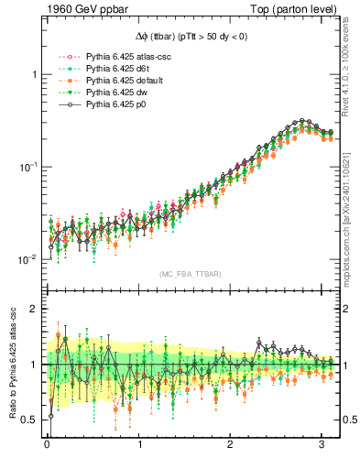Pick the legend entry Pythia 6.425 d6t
(115, 69)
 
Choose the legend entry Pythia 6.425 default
(121, 81)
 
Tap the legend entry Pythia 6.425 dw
(115, 93)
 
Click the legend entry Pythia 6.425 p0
(114, 104)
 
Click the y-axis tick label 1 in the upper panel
(34, 74)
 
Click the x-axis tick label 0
(47, 444)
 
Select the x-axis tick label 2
(232, 444)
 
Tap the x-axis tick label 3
(324, 444)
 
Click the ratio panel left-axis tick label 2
(34, 309)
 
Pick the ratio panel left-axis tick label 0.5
(29, 420)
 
